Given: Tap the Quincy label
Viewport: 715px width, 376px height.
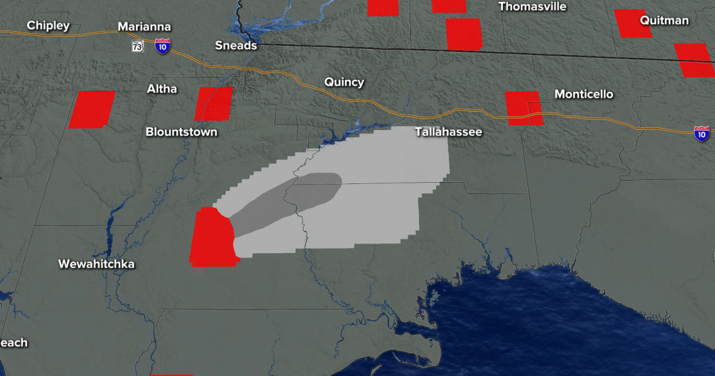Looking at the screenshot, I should pos(344,82).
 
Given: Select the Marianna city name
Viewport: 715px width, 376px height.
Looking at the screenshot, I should pos(144,27).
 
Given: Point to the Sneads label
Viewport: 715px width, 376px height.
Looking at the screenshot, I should pos(237,45).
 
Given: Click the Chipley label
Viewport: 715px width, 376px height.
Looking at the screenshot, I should pos(48,26).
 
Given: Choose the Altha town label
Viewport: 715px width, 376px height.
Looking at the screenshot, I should pos(162,89).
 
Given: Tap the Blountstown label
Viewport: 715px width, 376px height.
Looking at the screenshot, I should pos(182,132).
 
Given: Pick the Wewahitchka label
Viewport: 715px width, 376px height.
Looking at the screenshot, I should pos(97,264).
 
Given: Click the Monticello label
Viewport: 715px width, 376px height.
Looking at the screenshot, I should pos(583,94).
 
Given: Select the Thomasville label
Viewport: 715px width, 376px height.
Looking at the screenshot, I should pos(532,7).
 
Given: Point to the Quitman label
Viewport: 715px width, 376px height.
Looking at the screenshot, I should pos(664,20).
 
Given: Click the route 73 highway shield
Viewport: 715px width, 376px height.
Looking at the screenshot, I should pos(138,46).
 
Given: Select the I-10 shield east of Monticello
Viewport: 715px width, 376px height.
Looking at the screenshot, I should pos(702,133).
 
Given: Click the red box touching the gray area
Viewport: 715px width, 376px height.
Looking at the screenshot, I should pos(212,236).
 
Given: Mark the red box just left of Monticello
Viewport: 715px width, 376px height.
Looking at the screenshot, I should pos(524,108).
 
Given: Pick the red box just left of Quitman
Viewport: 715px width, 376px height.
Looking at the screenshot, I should pos(633,24).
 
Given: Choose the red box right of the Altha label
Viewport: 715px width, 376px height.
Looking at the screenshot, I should pos(214,103).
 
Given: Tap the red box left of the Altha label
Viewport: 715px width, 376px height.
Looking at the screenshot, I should pos(92,109).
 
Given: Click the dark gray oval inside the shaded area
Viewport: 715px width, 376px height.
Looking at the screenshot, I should pos(286,203).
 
